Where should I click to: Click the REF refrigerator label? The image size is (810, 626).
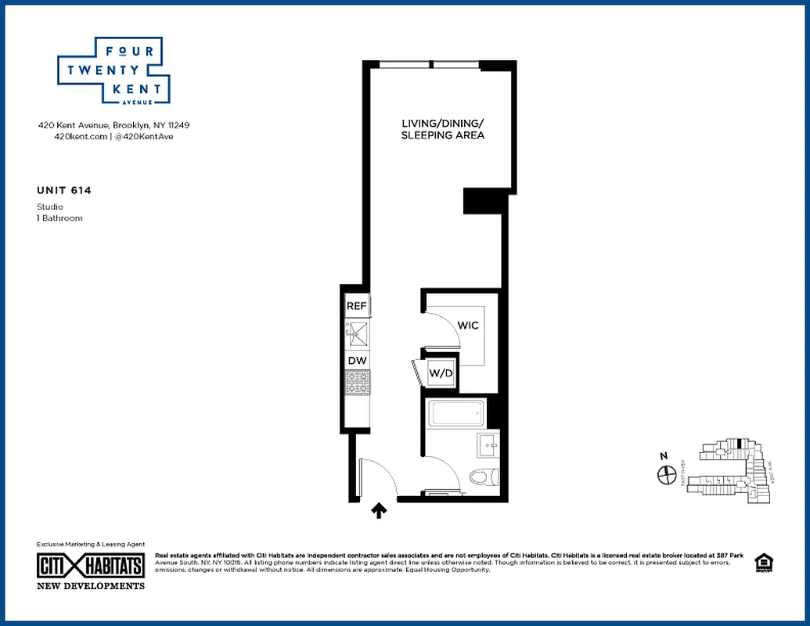[x=357, y=306]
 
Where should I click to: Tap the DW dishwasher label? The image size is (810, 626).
[x=357, y=360]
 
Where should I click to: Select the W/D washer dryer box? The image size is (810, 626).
[x=441, y=374]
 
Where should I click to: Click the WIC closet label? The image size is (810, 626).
[x=468, y=325]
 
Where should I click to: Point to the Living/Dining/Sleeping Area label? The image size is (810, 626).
[x=443, y=129]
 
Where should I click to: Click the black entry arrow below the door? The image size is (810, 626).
[x=379, y=511]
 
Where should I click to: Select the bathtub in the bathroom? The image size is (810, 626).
[x=457, y=412]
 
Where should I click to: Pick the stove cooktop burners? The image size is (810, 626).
[x=358, y=383]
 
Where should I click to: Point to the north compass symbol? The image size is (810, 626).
[x=667, y=473]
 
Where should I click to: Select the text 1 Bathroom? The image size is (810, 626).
[x=59, y=218]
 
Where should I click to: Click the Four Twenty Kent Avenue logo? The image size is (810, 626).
[x=114, y=70]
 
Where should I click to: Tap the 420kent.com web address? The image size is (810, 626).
[x=74, y=136]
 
